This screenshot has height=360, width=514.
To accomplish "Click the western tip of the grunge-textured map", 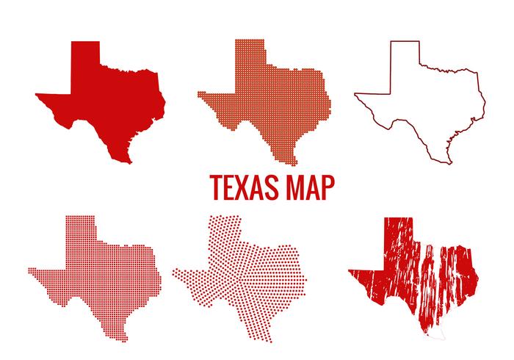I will (x=352, y=271).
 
